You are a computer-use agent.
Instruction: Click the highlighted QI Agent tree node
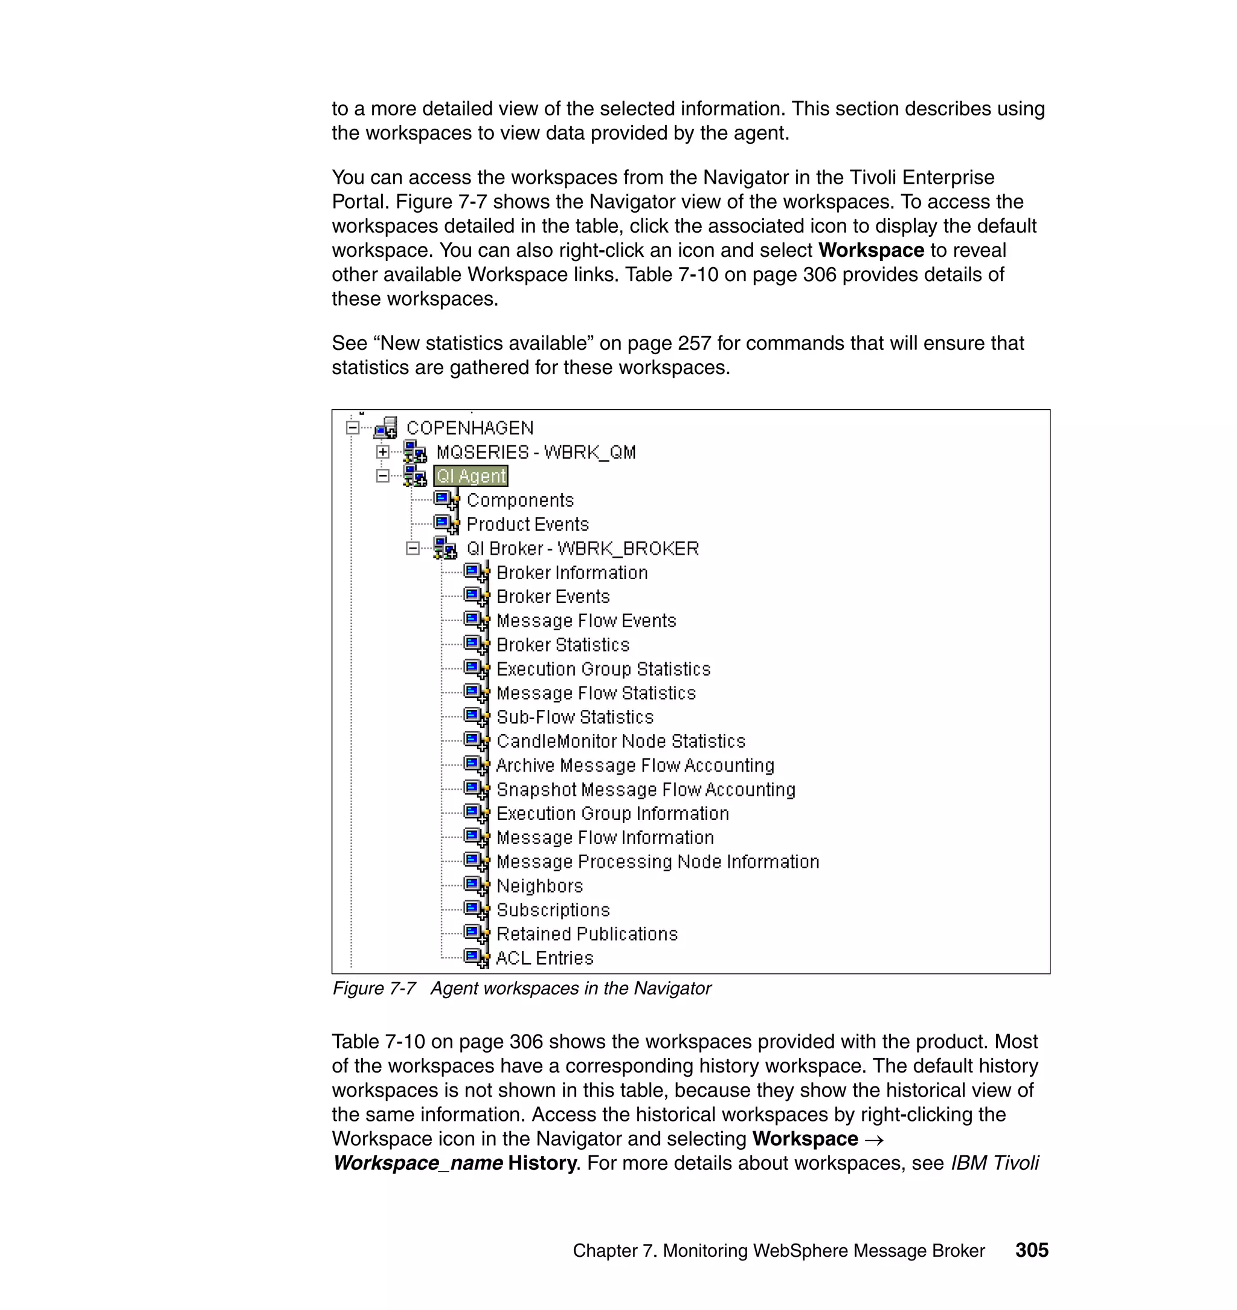[471, 476]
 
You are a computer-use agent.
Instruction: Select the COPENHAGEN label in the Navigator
[469, 428]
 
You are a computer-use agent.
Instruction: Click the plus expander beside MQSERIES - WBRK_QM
[382, 452]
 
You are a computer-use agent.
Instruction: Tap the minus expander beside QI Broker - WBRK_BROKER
[413, 548]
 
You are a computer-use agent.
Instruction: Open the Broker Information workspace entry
[571, 573]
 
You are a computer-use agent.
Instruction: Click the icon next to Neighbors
[476, 885]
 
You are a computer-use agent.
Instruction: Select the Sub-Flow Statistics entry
[574, 717]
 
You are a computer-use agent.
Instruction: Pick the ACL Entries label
[545, 958]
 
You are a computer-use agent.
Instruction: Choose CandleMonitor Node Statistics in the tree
[620, 741]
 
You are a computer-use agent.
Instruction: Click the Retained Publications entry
[587, 934]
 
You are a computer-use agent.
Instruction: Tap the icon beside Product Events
[446, 524]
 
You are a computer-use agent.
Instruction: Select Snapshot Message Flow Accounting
[646, 790]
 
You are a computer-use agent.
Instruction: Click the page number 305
[1031, 1250]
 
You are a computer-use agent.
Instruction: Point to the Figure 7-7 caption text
[521, 988]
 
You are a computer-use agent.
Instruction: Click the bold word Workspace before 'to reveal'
[870, 250]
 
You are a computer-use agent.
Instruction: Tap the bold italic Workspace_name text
[417, 1162]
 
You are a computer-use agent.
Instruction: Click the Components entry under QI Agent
[519, 500]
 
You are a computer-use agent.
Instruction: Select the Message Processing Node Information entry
[657, 862]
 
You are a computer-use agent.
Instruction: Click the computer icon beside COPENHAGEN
[386, 428]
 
